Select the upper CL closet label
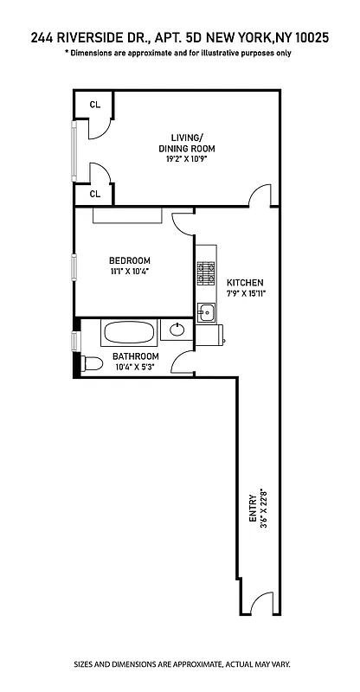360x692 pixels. pos(95,105)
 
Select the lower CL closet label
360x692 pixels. pos(95,194)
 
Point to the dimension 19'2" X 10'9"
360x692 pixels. pos(186,159)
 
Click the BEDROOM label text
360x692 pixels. pos(130,261)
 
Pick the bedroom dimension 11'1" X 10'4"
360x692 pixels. pos(130,272)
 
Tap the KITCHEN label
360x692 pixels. pos(245,283)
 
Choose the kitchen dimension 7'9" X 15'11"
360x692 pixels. pos(245,294)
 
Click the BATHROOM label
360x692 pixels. pos(135,356)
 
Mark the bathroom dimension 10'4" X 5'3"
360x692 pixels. pos(135,368)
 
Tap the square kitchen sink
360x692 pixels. pos(206,313)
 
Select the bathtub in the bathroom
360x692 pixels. pos(129,332)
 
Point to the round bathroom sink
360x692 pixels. pos(177,329)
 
